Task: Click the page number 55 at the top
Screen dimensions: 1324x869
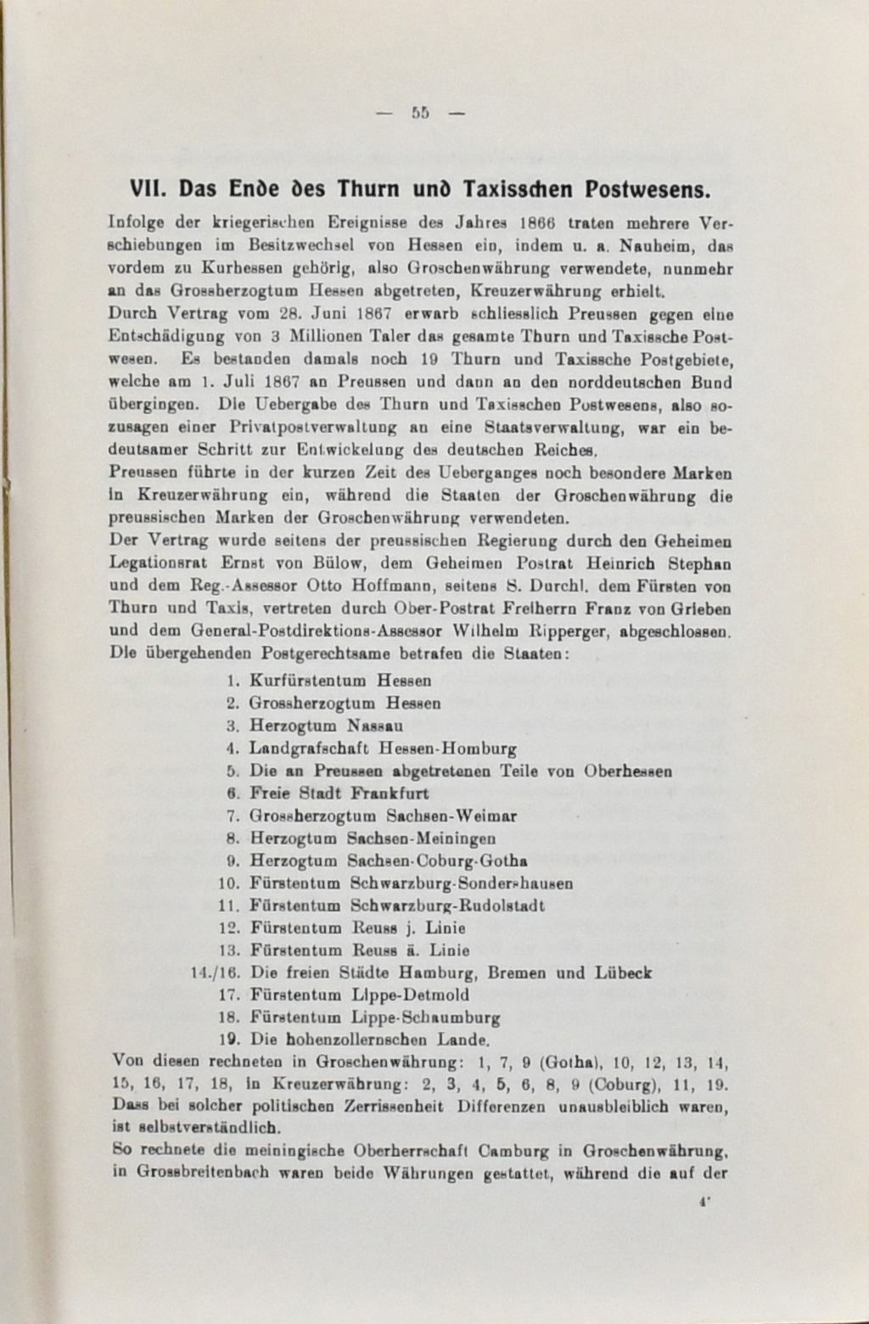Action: [x=420, y=113]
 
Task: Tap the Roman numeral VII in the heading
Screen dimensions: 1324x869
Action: [x=149, y=188]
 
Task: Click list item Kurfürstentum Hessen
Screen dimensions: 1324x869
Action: [x=340, y=681]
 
